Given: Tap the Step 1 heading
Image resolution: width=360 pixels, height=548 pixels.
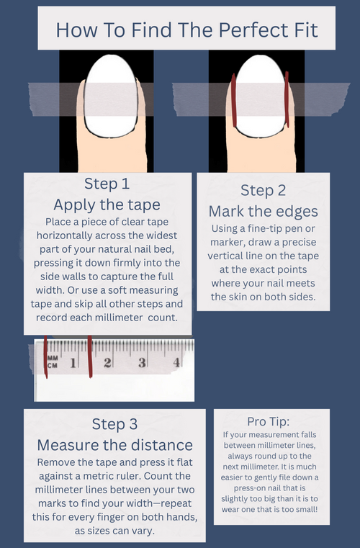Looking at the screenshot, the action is [x=107, y=184].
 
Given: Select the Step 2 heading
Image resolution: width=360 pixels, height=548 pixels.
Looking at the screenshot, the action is [x=264, y=191].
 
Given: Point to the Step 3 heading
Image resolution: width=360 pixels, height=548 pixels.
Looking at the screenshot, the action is [x=114, y=424].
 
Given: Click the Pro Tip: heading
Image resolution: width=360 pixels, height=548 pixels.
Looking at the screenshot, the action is [x=269, y=421].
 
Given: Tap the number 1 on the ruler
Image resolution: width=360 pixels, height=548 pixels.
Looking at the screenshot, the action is [x=73, y=363].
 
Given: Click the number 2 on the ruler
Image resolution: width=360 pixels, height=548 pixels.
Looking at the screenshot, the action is [x=107, y=363].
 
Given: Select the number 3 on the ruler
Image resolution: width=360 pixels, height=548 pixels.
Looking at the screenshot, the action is [x=142, y=363].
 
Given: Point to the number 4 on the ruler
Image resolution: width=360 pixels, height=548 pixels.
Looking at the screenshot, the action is [x=176, y=362].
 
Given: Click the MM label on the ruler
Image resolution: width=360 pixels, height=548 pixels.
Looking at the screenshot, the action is [x=53, y=358].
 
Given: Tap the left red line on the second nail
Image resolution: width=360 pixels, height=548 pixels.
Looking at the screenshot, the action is [x=234, y=100].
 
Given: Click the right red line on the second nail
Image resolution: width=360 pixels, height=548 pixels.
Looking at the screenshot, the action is [x=287, y=99].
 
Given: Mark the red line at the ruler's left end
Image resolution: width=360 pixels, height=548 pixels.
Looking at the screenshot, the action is [x=45, y=357].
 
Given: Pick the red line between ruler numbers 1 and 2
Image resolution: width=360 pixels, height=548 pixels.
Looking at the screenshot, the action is [x=90, y=356].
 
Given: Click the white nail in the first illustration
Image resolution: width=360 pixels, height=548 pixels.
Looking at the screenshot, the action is [x=111, y=96].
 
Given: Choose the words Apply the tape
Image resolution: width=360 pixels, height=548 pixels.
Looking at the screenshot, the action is [x=107, y=205].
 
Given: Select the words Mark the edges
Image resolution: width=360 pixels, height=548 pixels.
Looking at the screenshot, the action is [x=264, y=212].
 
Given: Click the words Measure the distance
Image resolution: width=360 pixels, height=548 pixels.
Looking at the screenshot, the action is [x=114, y=445].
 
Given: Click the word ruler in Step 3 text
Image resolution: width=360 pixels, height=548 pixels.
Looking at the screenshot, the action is [x=129, y=476].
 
